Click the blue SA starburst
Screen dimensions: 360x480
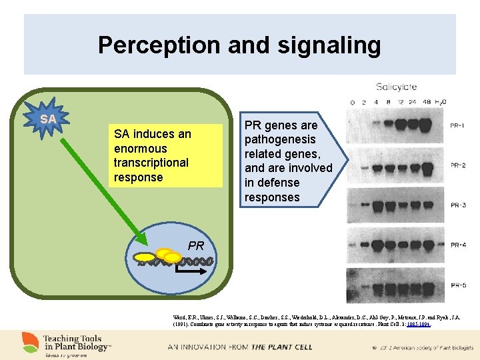pos(47,119)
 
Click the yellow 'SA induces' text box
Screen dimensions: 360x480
pos(165,155)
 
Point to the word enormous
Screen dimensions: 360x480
pos(141,149)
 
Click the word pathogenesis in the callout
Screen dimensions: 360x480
pos(280,139)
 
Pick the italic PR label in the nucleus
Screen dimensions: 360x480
pos(196,245)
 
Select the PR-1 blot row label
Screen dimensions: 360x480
pos(457,125)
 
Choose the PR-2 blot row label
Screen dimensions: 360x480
pos(457,165)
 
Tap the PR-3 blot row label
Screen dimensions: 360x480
pos(457,205)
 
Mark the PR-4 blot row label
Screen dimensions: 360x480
pos(457,245)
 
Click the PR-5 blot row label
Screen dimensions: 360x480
pos(457,286)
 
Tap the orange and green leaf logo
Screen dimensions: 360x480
pos(30,341)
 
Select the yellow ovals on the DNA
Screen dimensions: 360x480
pos(160,255)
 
